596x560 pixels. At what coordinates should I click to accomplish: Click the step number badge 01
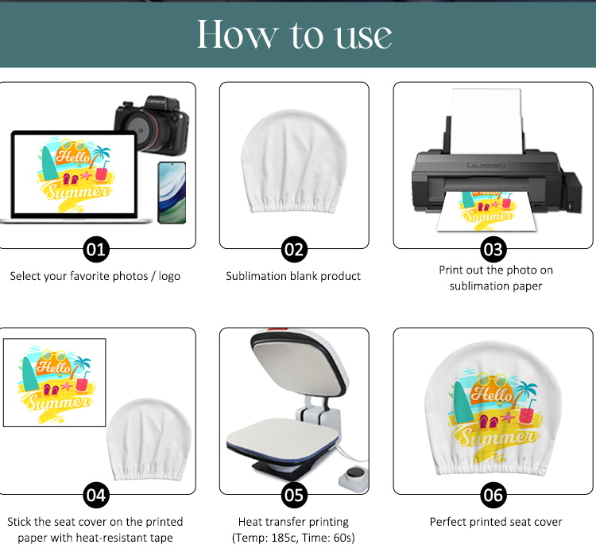point(96,250)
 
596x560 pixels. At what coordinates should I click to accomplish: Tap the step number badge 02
point(294,250)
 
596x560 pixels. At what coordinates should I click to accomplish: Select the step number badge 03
point(493,250)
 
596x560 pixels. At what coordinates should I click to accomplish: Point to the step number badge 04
point(96,495)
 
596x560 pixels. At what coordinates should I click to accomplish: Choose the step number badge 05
point(294,495)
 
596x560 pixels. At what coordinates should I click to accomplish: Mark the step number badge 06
point(493,495)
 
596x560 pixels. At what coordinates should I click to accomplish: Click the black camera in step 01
point(152,125)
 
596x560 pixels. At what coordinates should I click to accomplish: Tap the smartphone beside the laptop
point(172,192)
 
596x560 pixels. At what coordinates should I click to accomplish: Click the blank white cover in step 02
point(294,161)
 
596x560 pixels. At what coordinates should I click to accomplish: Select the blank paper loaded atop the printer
point(486,121)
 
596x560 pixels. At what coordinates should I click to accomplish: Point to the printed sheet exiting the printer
point(487,211)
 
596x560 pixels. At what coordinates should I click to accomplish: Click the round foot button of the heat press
point(354,477)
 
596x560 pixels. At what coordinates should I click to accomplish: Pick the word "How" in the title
point(238,34)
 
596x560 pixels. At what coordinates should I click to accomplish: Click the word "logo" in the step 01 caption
point(169,277)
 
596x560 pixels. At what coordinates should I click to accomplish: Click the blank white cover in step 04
point(149,439)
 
